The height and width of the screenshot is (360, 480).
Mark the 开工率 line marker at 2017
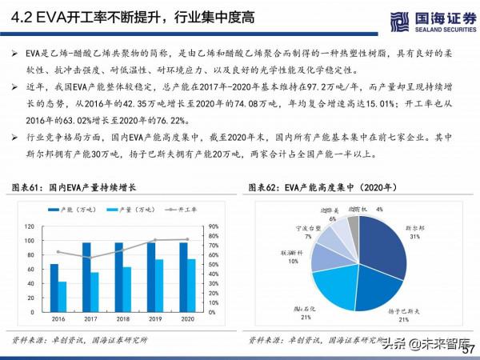click(91, 258)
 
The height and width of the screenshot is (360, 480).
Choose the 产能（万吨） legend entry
click(82, 210)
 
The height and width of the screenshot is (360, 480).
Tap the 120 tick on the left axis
click(29, 226)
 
